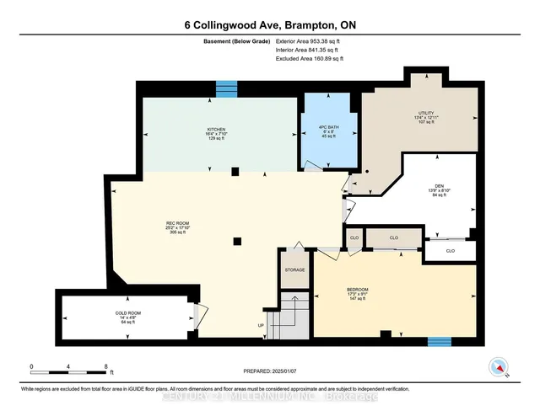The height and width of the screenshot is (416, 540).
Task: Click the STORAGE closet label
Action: (x=294, y=270)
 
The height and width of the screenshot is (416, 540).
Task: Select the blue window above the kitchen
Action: (x=227, y=88)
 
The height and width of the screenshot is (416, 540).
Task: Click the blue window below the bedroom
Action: (x=438, y=342)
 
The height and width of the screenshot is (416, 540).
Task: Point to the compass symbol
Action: (x=499, y=367)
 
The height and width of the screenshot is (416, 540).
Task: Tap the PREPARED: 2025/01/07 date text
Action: (x=270, y=371)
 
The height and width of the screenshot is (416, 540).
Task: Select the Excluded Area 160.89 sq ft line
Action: (x=309, y=59)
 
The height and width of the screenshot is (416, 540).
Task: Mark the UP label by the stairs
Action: (x=261, y=325)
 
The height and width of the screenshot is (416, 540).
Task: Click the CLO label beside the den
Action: (x=450, y=250)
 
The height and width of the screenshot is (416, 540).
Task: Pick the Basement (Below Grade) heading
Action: (x=233, y=40)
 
